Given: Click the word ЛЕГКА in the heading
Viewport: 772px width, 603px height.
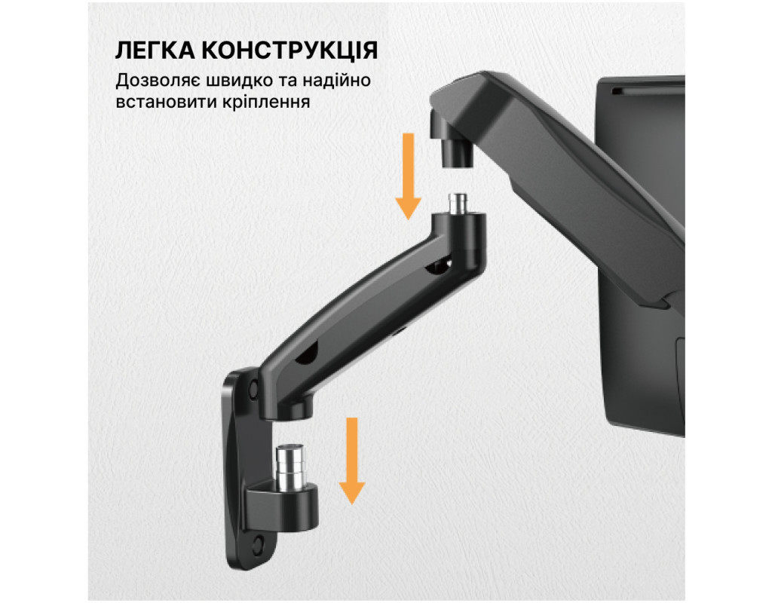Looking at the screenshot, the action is click(x=155, y=51).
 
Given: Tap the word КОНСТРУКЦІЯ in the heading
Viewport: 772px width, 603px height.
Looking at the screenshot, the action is click(x=290, y=51).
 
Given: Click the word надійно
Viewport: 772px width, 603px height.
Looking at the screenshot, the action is click(x=336, y=80).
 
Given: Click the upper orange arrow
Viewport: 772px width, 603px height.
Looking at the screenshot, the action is click(x=408, y=176).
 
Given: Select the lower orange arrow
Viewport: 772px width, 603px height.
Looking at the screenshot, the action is click(x=351, y=461).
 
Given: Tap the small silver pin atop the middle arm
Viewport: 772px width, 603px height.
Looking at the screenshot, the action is click(x=458, y=204).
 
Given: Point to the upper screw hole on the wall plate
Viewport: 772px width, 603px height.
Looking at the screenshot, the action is click(x=253, y=389).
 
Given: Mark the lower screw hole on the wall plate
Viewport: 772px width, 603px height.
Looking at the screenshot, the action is click(x=258, y=543).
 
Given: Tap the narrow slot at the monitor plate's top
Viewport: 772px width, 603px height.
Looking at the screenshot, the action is click(x=648, y=90).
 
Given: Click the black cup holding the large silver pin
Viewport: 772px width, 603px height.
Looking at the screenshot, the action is click(x=283, y=507).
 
